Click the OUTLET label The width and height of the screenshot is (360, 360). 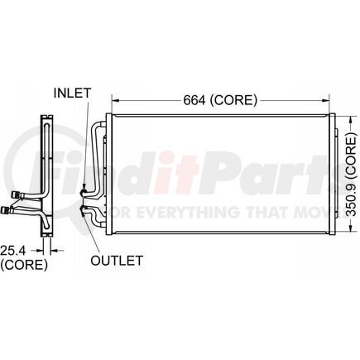click(117, 259)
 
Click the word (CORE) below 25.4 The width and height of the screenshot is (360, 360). click(23, 265)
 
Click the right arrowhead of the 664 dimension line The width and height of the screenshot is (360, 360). click(329, 100)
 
